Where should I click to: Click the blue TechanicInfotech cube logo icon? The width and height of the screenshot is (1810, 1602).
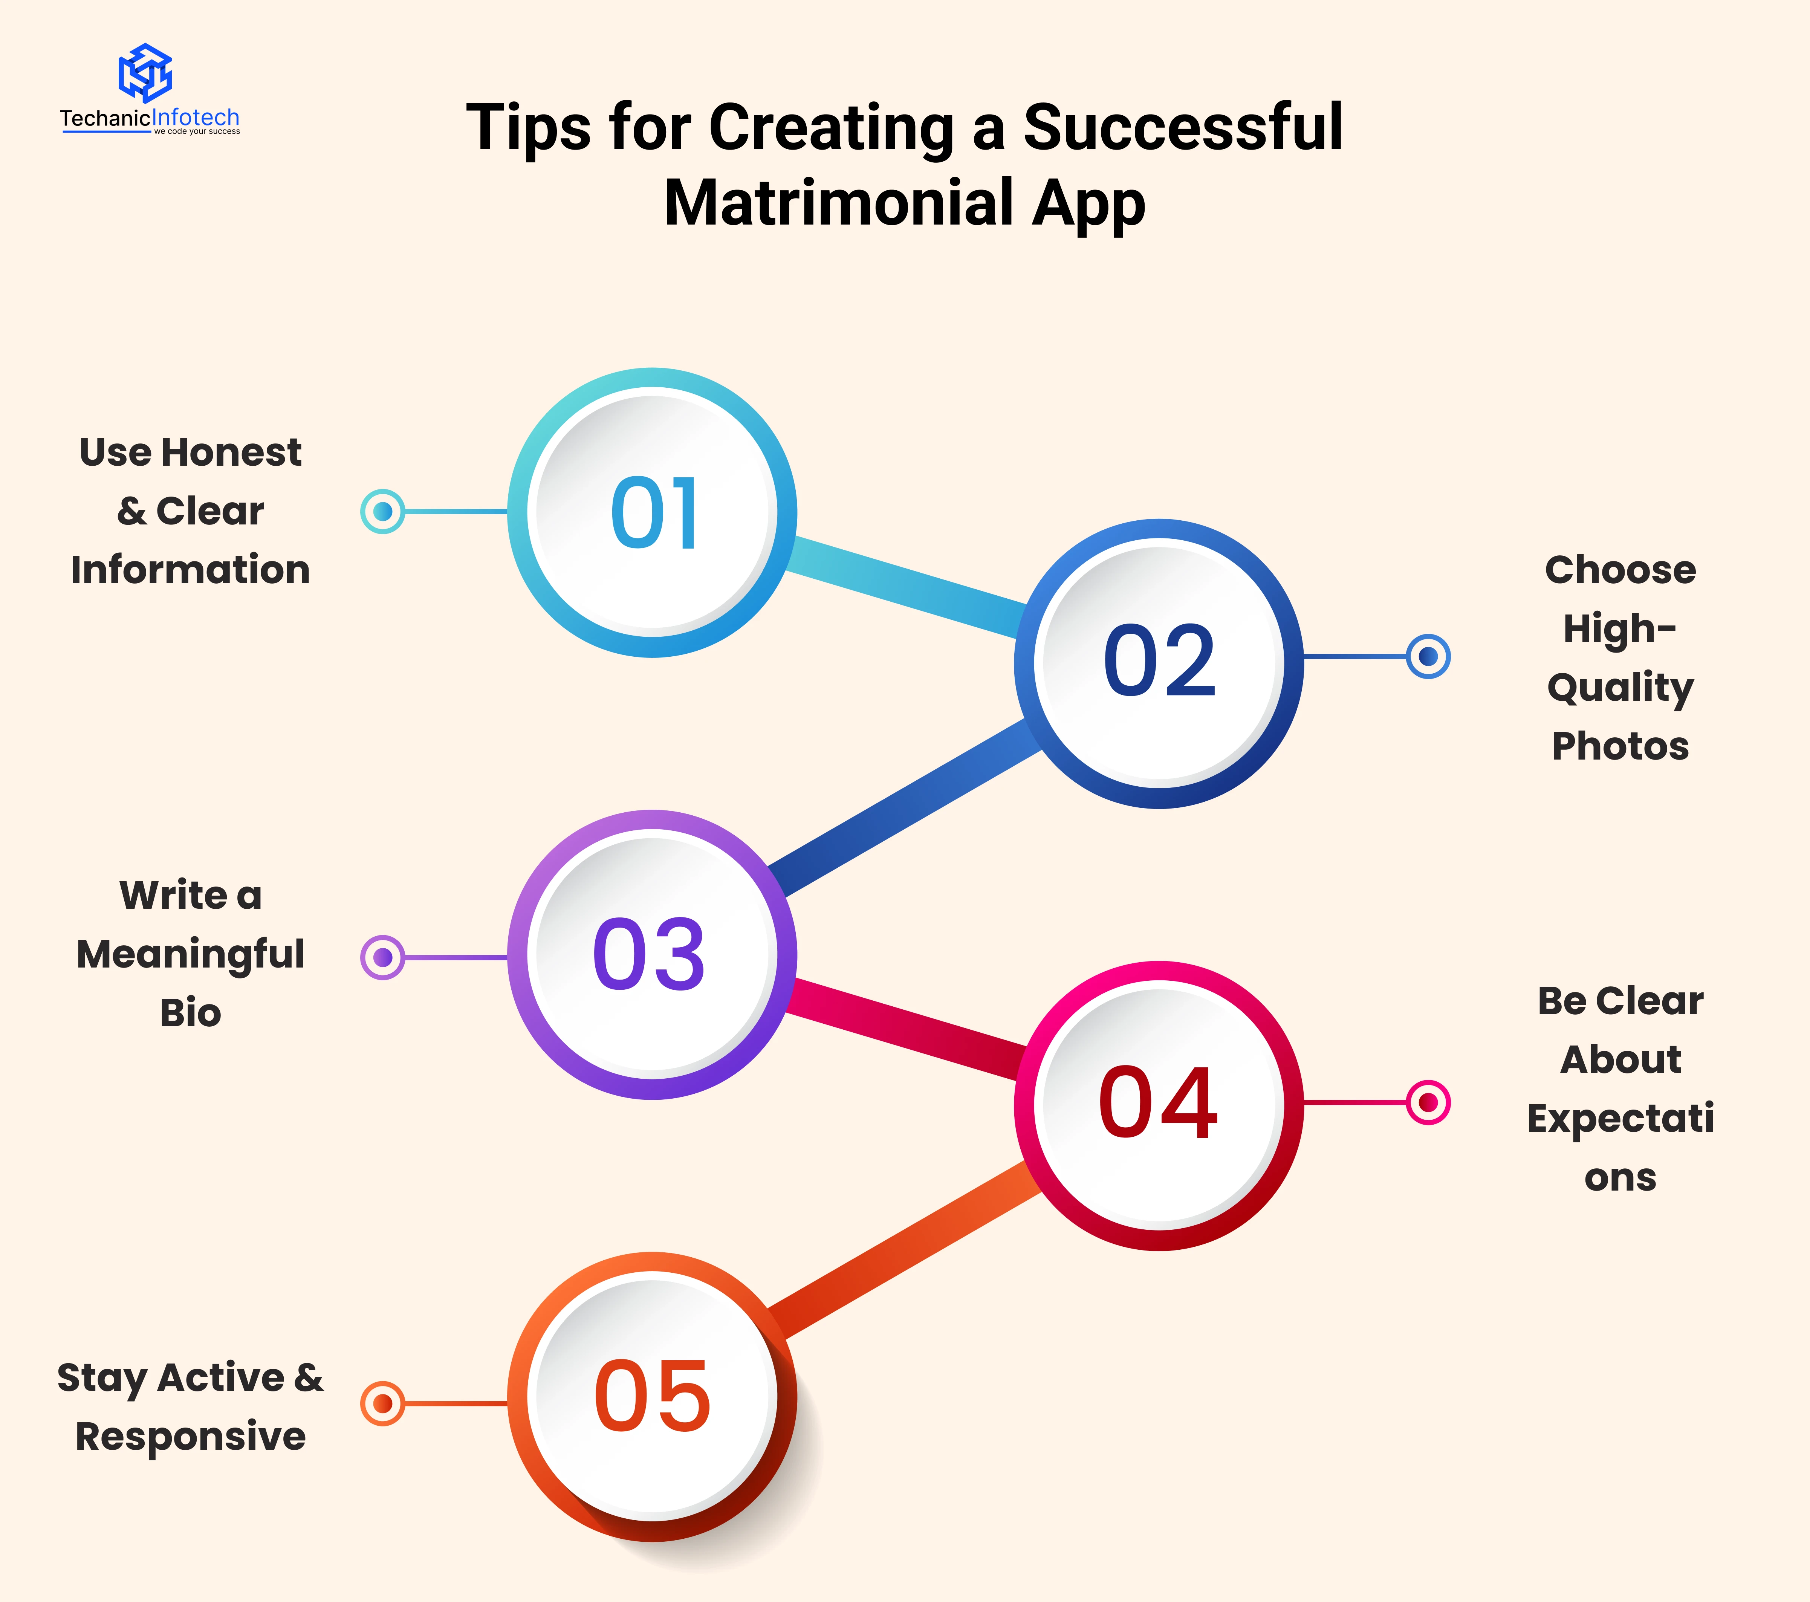[145, 73]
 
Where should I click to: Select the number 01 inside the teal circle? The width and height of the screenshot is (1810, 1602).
[654, 513]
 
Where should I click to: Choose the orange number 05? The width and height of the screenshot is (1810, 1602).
[653, 1397]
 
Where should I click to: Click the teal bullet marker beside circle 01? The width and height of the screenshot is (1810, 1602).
[382, 511]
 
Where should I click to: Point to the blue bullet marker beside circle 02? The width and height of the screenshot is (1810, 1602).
[1428, 656]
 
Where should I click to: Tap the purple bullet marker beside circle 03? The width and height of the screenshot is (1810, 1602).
[382, 957]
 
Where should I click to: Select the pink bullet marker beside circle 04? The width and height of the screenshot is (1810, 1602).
[1428, 1102]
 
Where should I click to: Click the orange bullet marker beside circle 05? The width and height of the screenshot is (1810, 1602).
[382, 1403]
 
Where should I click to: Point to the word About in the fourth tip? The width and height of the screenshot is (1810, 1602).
[1620, 1060]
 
